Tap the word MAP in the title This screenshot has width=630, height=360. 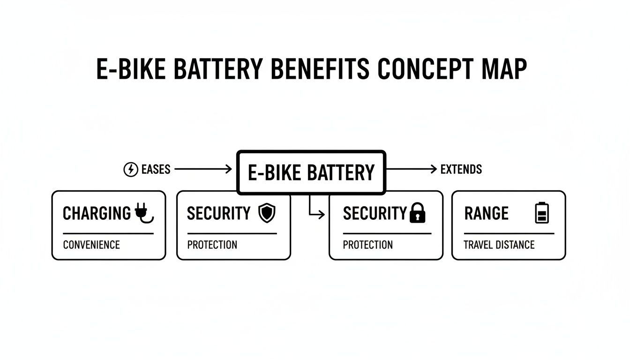506,69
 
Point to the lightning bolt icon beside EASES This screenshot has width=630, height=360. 130,170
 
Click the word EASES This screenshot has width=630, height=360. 156,170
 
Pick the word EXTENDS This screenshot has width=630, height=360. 461,170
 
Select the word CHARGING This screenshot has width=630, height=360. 97,214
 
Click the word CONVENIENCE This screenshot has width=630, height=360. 91,245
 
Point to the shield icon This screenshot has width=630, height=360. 267,213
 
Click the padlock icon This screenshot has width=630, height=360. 417,213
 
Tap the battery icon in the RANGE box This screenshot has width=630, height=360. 542,213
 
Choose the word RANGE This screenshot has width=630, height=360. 486,214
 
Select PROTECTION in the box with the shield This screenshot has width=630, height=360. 212,245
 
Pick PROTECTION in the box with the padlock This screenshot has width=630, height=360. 368,245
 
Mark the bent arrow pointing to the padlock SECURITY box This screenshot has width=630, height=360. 314,211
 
